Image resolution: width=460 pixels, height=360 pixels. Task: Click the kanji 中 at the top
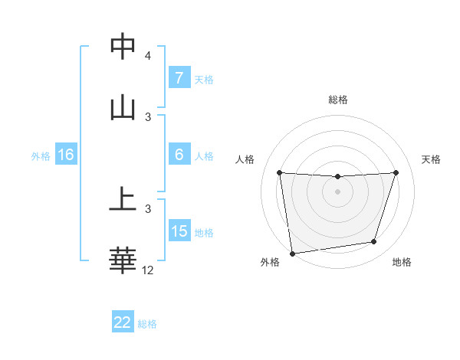coord(123,47)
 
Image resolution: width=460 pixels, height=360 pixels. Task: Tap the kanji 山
coord(123,108)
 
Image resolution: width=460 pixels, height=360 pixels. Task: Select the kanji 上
coord(123,200)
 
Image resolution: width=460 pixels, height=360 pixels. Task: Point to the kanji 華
coord(123,261)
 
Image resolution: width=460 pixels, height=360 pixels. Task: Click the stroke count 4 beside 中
coord(148,56)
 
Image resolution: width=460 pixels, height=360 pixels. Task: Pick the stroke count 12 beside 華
coord(148,270)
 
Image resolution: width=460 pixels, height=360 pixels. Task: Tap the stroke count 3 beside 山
coord(148,117)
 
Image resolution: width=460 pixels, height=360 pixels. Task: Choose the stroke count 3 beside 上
coord(148,208)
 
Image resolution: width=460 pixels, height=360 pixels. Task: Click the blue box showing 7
coord(179,78)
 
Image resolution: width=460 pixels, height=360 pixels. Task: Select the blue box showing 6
coord(179,155)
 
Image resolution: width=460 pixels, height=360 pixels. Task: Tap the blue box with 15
coord(179,231)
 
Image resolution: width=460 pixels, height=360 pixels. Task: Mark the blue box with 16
coord(66,155)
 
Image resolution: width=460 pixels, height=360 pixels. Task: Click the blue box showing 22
coord(123,322)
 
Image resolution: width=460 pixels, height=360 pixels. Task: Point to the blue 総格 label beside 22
coord(147,324)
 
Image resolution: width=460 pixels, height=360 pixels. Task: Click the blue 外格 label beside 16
coord(41,155)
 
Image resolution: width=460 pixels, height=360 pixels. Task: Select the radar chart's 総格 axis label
coord(338,100)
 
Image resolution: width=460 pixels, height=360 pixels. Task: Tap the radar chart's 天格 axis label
coord(432,159)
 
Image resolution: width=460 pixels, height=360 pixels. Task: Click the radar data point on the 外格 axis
coord(292,253)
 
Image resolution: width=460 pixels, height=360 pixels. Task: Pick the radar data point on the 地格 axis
coord(374,242)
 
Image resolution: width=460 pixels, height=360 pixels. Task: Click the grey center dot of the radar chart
coord(338,191)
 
